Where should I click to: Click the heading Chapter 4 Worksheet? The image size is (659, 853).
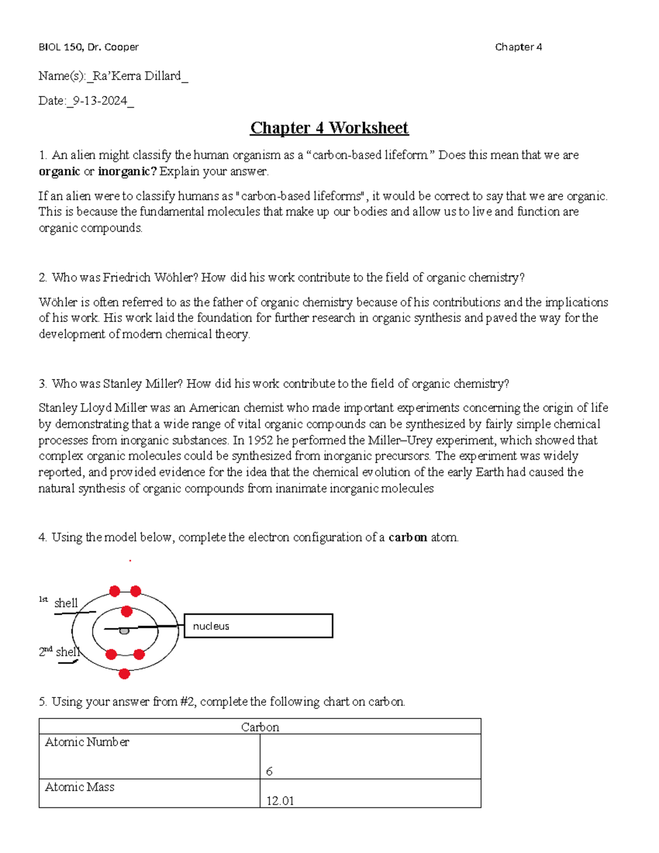(x=329, y=128)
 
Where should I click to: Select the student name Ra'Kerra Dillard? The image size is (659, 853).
(x=137, y=76)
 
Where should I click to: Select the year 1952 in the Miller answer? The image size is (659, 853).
(x=260, y=440)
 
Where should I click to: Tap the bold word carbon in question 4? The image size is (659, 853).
(x=407, y=537)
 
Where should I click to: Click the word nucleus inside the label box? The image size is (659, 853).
(x=211, y=626)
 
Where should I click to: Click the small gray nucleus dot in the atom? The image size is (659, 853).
(x=124, y=631)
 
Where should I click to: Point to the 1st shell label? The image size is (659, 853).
(x=59, y=603)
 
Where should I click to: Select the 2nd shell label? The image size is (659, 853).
(x=59, y=652)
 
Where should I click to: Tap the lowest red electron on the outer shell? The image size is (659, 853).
(x=125, y=673)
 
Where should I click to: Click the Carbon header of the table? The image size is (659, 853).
(x=260, y=727)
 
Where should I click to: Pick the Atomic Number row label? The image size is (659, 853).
(x=87, y=742)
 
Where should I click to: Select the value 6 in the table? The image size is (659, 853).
(x=269, y=772)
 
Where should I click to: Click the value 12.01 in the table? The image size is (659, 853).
(x=280, y=801)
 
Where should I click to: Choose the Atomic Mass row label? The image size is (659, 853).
(x=80, y=787)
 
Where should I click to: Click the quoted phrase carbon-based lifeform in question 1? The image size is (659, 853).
(x=372, y=155)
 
